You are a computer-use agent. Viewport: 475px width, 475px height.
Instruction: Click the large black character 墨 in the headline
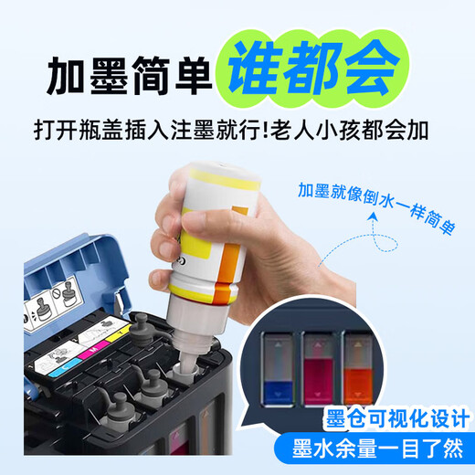tap(109, 75)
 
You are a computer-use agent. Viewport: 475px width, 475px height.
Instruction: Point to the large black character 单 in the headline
tap(194, 75)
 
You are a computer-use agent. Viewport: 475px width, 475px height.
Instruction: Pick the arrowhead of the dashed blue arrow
tap(373, 217)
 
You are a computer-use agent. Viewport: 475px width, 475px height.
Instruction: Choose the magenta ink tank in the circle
tap(318, 369)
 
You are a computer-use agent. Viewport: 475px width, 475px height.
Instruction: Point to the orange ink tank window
tap(358, 369)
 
